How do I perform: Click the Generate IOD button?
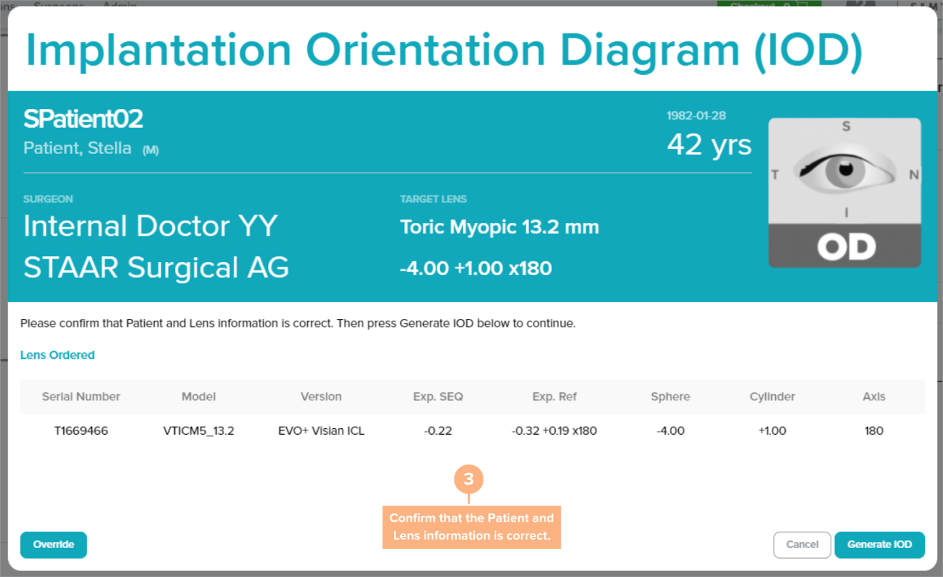point(879,545)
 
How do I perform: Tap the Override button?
point(54,545)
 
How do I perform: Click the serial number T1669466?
point(81,431)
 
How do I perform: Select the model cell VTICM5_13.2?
point(199,431)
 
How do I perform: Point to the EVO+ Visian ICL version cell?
point(321,431)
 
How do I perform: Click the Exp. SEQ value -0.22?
point(438,431)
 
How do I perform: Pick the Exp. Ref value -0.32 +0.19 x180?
point(554,431)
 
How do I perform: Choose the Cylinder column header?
point(772,396)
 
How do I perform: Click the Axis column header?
point(874,396)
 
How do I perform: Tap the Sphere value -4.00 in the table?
point(670,431)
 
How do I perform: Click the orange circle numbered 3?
point(469,479)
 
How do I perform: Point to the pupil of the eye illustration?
point(846,169)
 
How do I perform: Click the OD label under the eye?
point(846,247)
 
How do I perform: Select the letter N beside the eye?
point(914,175)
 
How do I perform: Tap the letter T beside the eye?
point(775,175)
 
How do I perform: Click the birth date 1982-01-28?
point(696,116)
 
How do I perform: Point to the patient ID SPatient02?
point(83,119)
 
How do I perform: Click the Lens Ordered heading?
point(57,355)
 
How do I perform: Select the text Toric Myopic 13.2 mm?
point(499,227)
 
